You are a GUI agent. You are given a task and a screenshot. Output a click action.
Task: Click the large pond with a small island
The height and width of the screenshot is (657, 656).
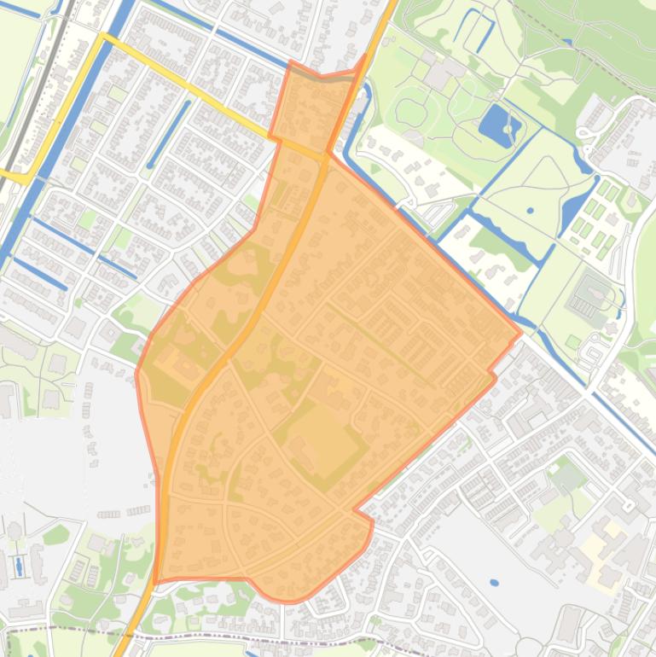[499, 126]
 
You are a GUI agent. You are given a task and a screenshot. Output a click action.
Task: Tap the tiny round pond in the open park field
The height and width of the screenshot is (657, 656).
[531, 210]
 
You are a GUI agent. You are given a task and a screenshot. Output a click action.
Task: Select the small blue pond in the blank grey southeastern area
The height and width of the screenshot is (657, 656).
[495, 583]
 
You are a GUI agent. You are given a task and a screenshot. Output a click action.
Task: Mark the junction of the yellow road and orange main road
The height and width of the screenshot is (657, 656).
[326, 155]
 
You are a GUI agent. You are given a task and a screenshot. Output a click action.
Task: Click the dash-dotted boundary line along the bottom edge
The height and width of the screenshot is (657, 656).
[256, 638]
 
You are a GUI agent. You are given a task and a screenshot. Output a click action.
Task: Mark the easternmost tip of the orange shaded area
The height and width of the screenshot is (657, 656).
[521, 334]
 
